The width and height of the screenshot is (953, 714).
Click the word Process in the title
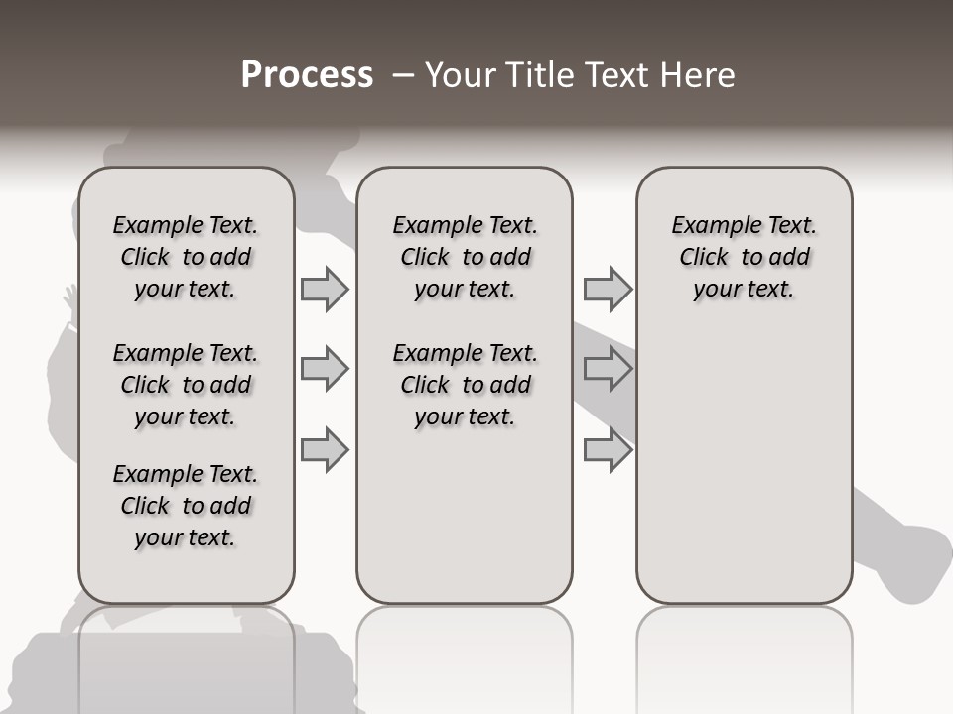click(x=307, y=75)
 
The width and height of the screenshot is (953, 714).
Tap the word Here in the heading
click(x=699, y=75)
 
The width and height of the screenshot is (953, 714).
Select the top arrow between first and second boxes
click(x=325, y=289)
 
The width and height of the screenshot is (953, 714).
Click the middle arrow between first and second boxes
click(x=325, y=369)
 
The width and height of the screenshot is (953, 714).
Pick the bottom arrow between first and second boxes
click(x=325, y=449)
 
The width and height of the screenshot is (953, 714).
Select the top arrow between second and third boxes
click(x=608, y=289)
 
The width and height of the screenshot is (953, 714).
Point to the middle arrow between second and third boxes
click(x=608, y=369)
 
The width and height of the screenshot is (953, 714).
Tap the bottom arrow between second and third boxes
click(x=608, y=449)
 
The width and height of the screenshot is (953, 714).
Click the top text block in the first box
click(x=186, y=257)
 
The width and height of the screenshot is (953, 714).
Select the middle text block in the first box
click(x=186, y=385)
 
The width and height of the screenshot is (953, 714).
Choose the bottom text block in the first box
click(x=186, y=506)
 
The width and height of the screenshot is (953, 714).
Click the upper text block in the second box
click(x=465, y=257)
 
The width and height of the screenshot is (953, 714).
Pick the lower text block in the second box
click(x=465, y=385)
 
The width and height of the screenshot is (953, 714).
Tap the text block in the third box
click(x=745, y=257)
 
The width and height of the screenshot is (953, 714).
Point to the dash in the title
click(x=402, y=75)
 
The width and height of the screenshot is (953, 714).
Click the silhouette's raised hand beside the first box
click(x=70, y=298)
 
